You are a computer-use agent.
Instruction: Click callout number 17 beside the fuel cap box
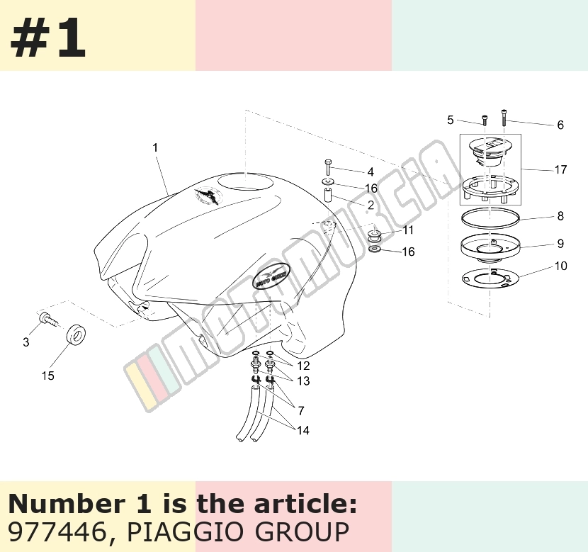pyautogui.click(x=560, y=170)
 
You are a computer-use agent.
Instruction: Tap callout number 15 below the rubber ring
pyautogui.click(x=47, y=376)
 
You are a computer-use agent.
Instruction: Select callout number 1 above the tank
pyautogui.click(x=155, y=147)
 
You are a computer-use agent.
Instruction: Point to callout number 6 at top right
pyautogui.click(x=560, y=125)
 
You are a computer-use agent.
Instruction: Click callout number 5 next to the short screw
pyautogui.click(x=451, y=120)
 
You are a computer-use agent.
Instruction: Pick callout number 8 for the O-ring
pyautogui.click(x=560, y=216)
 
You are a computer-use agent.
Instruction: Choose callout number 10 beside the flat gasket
pyautogui.click(x=560, y=266)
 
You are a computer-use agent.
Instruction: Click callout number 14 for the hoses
pyautogui.click(x=303, y=430)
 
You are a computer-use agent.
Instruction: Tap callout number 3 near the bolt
pyautogui.click(x=26, y=342)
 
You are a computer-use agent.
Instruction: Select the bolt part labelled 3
pyautogui.click(x=48, y=319)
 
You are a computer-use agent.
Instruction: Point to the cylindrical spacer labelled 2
pyautogui.click(x=329, y=196)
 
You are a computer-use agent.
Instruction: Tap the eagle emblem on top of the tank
pyautogui.click(x=209, y=196)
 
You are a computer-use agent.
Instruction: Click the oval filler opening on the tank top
pyautogui.click(x=245, y=183)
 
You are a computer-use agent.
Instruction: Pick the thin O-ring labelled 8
pyautogui.click(x=490, y=218)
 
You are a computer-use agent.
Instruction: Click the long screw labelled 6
pyautogui.click(x=504, y=118)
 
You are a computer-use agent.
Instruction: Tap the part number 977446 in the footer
pyautogui.click(x=57, y=531)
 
